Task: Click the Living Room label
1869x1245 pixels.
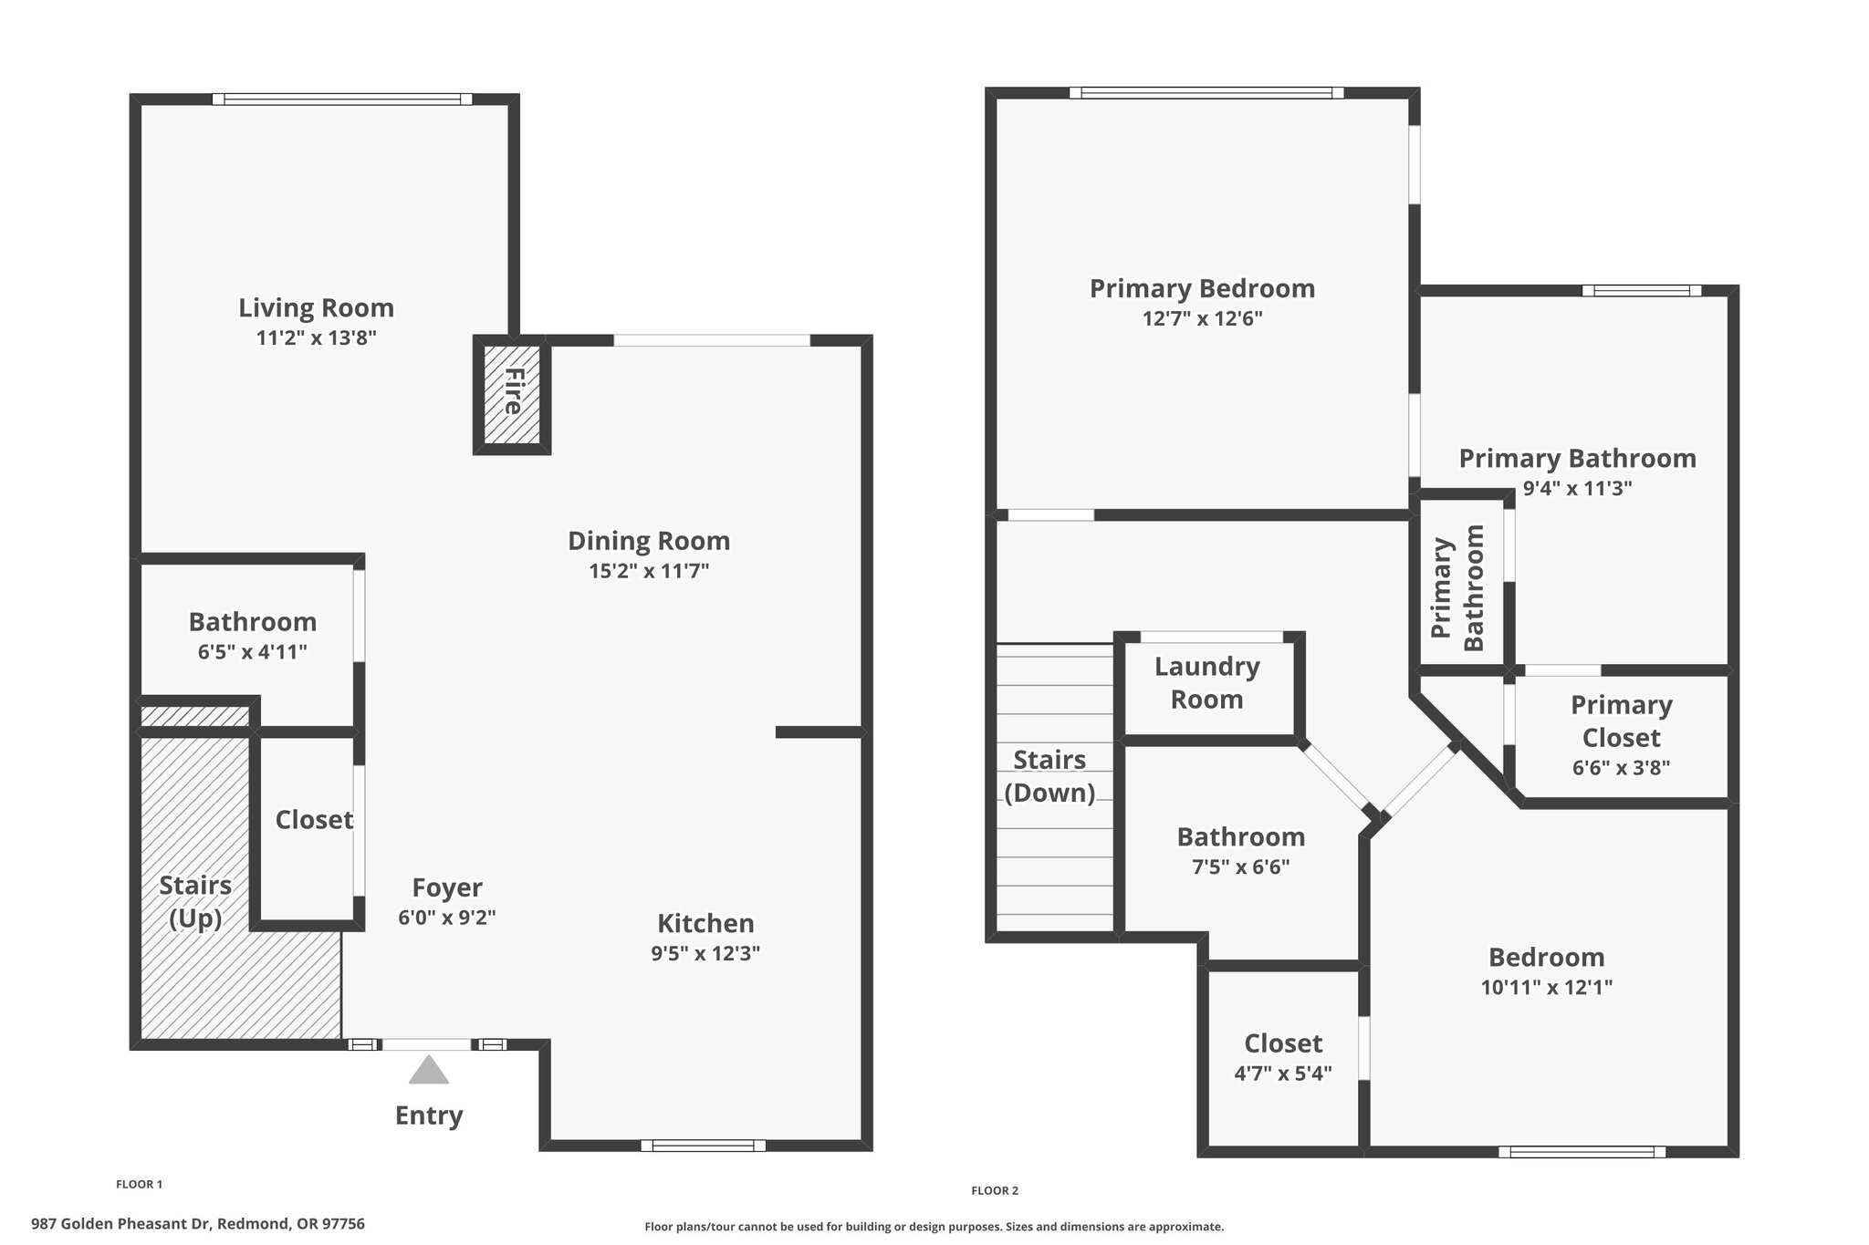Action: click(x=316, y=308)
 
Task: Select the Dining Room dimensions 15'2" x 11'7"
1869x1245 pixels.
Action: click(x=649, y=572)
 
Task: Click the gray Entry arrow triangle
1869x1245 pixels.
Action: click(x=428, y=1071)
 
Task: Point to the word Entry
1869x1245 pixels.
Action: click(x=428, y=1115)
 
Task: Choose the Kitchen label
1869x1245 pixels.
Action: click(x=705, y=924)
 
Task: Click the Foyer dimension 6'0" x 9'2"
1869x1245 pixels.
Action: click(x=446, y=918)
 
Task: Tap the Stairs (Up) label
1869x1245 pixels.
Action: click(x=195, y=901)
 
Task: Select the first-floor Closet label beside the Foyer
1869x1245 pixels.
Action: click(x=314, y=820)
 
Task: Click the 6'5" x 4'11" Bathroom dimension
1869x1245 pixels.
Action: click(x=252, y=652)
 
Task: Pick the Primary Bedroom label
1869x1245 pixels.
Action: click(x=1202, y=289)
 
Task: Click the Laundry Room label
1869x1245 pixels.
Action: click(x=1206, y=683)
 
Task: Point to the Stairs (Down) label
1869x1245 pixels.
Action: click(x=1049, y=776)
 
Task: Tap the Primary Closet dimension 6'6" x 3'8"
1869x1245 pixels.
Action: click(x=1621, y=768)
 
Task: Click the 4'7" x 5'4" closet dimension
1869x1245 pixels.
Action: click(x=1282, y=1074)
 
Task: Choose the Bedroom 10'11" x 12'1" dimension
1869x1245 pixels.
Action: click(x=1546, y=987)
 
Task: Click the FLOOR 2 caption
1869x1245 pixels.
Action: click(x=994, y=1190)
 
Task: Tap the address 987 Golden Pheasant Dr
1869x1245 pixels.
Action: click(x=198, y=1224)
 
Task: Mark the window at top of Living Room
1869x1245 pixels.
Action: click(x=342, y=99)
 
